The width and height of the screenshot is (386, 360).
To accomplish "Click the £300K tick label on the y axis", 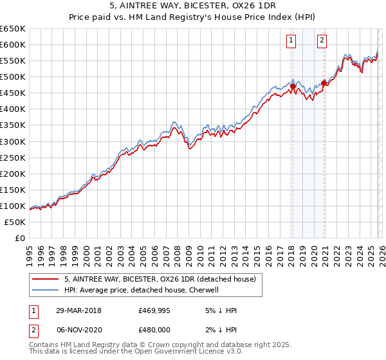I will [x=12, y=141].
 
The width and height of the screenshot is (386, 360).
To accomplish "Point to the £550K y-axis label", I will [x=12, y=60].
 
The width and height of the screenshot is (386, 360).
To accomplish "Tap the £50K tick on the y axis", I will [x=15, y=222].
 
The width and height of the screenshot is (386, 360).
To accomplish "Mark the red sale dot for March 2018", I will [x=293, y=86].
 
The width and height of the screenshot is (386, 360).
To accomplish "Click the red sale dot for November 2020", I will [x=323, y=82].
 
